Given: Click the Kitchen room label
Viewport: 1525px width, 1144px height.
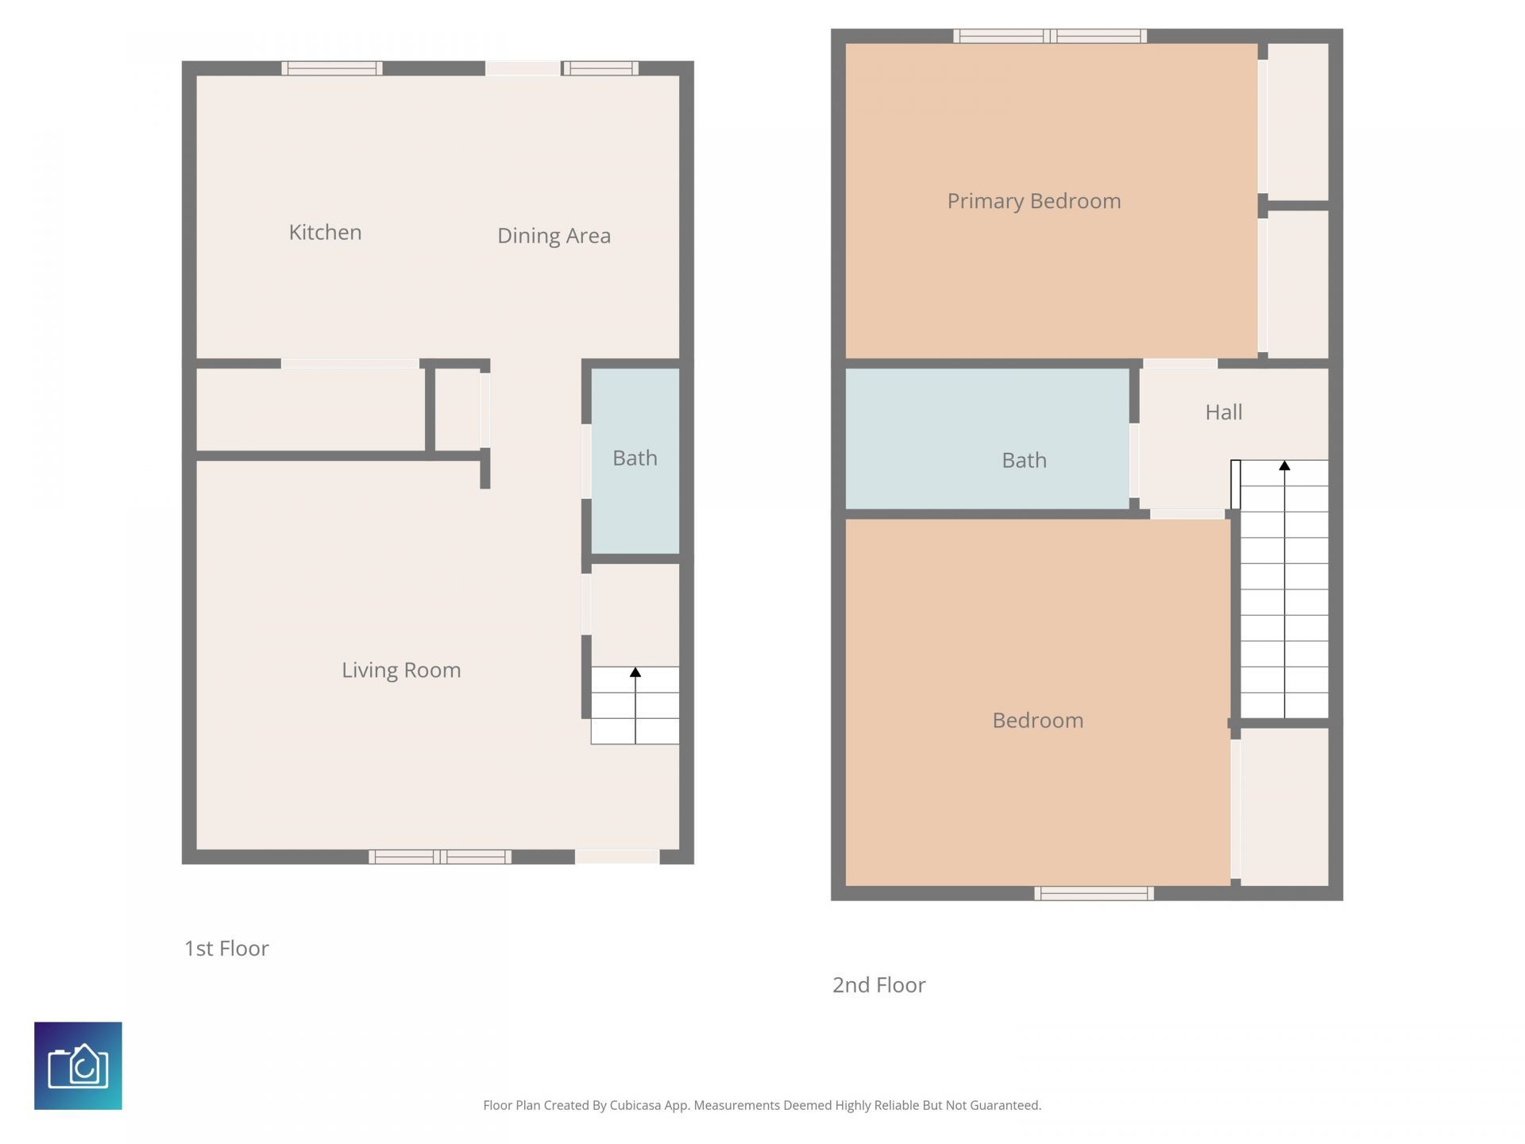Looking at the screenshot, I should coord(325,232).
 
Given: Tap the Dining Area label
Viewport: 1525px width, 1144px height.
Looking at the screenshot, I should coord(554,235).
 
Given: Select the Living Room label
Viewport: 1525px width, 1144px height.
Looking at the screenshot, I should coord(401,670).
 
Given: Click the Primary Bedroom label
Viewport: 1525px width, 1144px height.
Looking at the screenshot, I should coord(1033,201).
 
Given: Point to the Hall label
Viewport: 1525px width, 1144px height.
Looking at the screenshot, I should coord(1223,412).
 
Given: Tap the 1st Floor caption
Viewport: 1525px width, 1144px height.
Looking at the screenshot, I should coord(226,948).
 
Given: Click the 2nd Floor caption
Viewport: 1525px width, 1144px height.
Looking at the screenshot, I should coord(878,985).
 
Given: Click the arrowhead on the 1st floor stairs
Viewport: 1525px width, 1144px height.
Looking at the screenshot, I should coord(635,673).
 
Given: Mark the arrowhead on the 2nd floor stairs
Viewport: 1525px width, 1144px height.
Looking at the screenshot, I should coord(1284,466).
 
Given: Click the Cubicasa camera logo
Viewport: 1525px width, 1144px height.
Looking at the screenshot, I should coord(78,1065).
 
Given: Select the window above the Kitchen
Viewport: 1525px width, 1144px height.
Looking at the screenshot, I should coord(332,68).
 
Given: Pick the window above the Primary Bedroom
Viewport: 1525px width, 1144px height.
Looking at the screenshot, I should coord(1049,36).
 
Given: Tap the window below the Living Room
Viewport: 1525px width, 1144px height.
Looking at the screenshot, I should coord(440,856).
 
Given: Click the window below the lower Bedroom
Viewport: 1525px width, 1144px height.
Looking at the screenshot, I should coord(1094,894).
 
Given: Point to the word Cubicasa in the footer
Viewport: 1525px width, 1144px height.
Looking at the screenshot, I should coord(635,1105).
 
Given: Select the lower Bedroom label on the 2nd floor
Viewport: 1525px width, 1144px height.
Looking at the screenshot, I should coord(1037,721).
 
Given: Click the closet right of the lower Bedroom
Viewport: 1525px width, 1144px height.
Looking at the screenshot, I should coord(1284,806).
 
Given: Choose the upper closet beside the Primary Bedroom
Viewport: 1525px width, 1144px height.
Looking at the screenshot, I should coord(1298,121).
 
